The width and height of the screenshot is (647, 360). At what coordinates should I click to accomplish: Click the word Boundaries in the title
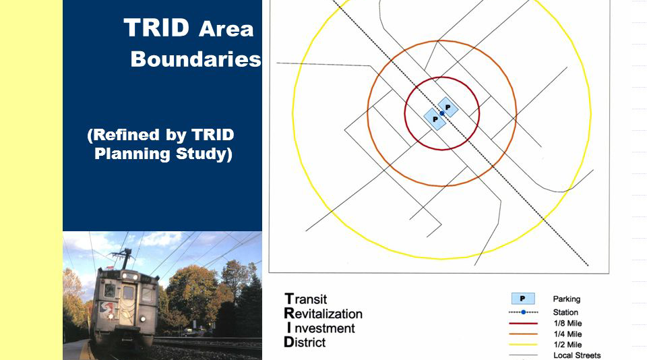(196, 59)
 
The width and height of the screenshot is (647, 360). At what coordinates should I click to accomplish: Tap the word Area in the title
(226, 29)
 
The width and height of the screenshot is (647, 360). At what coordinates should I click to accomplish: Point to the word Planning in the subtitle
(132, 154)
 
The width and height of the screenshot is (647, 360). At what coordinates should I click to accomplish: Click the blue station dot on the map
(442, 113)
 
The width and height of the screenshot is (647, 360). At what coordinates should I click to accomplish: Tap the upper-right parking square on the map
(448, 107)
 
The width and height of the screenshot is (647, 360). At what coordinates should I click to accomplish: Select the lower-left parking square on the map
(435, 119)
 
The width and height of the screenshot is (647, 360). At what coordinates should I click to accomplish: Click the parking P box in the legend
(523, 299)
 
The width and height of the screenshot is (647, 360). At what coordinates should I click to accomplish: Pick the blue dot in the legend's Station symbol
(523, 312)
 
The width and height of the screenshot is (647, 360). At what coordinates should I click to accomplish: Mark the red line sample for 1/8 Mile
(523, 323)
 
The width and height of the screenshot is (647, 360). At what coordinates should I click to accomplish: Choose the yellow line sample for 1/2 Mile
(523, 344)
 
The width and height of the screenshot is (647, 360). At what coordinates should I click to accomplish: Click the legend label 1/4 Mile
(567, 334)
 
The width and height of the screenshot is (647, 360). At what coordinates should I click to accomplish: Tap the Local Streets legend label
(577, 355)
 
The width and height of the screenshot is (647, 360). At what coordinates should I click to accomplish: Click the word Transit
(306, 299)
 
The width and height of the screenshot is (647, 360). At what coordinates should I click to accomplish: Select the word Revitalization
(323, 313)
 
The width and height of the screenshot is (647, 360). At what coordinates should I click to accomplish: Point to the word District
(305, 342)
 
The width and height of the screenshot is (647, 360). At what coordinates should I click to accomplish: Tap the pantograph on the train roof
(122, 257)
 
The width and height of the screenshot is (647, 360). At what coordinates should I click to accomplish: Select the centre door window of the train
(128, 293)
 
